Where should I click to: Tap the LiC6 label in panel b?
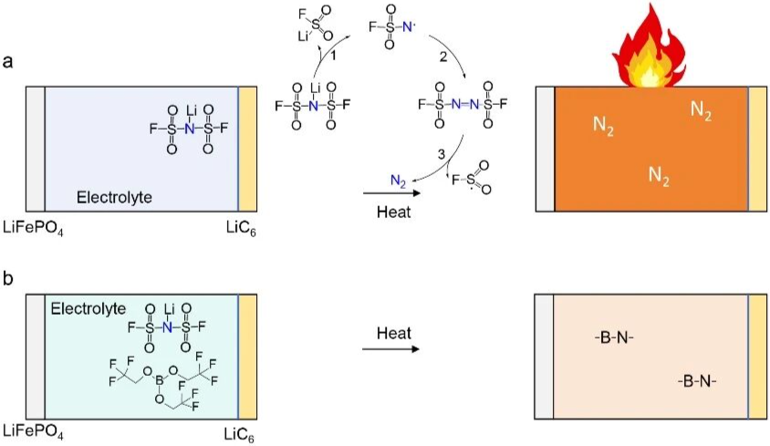pyautogui.click(x=242, y=430)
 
